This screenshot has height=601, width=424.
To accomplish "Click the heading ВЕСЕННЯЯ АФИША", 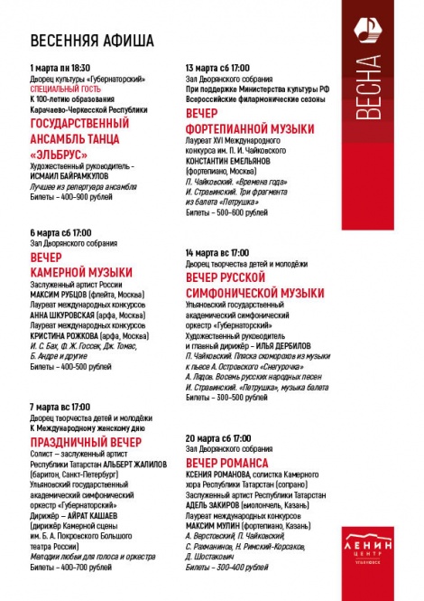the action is [92, 42].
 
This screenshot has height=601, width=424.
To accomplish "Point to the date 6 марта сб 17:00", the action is [60, 233].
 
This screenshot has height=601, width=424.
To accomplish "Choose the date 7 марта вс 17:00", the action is [60, 407].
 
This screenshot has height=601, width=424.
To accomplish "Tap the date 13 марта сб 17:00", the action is [217, 69].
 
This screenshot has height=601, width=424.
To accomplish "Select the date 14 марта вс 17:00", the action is [217, 252].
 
